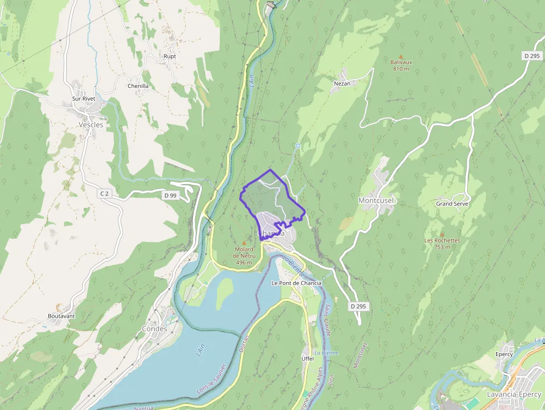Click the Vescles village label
point(91,125)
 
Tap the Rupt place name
point(170,57)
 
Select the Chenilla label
point(138,86)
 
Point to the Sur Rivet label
point(83,98)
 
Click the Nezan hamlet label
point(342,83)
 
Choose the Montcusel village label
point(376,200)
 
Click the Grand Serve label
point(452,204)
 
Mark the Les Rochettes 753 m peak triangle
point(442,235)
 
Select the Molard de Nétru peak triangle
point(244,243)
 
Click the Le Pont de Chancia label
point(296,283)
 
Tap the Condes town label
point(154,329)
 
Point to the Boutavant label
point(61,316)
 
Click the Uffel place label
point(308,359)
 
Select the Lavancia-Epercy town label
point(513,394)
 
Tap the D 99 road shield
point(170,195)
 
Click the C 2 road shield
point(104,193)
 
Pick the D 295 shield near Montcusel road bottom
point(360,307)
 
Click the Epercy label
point(503,354)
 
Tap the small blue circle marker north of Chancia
point(298,146)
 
